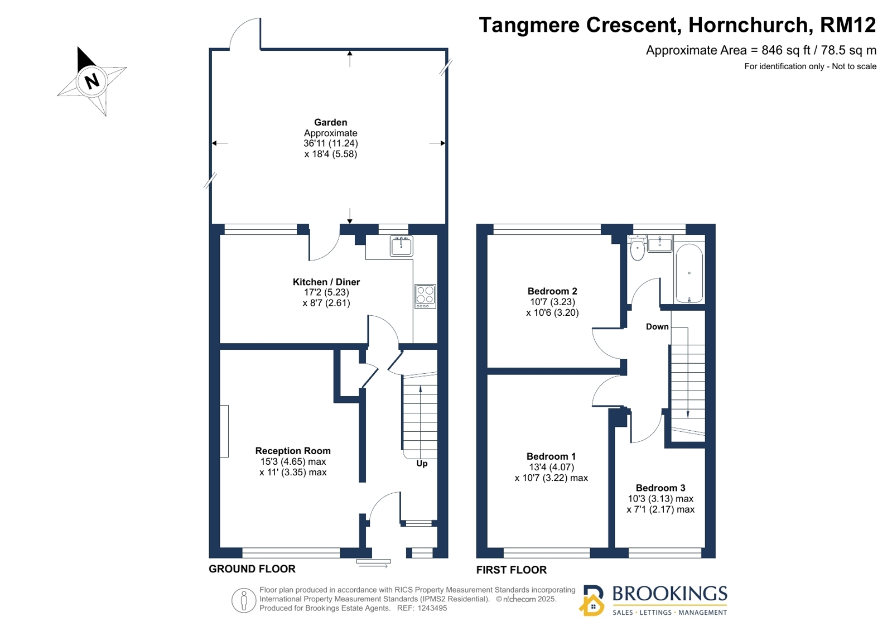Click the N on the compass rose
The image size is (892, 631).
[92, 81]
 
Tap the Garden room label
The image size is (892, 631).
[330, 122]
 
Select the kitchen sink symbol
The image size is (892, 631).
[402, 246]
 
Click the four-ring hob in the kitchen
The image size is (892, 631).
[425, 296]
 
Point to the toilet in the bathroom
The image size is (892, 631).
[638, 247]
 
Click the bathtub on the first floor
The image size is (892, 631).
[690, 273]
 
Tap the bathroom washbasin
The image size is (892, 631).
[660, 243]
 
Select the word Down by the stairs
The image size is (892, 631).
[657, 326]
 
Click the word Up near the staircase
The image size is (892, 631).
[422, 464]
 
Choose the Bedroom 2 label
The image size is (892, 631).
[552, 291]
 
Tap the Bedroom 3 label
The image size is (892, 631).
[660, 488]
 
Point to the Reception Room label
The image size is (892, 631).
[293, 451]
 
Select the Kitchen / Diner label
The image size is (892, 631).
[326, 282]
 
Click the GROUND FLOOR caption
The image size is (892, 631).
[252, 569]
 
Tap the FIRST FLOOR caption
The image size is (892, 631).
[512, 570]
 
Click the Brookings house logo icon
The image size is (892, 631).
[592, 601]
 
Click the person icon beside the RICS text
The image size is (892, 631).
[244, 600]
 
